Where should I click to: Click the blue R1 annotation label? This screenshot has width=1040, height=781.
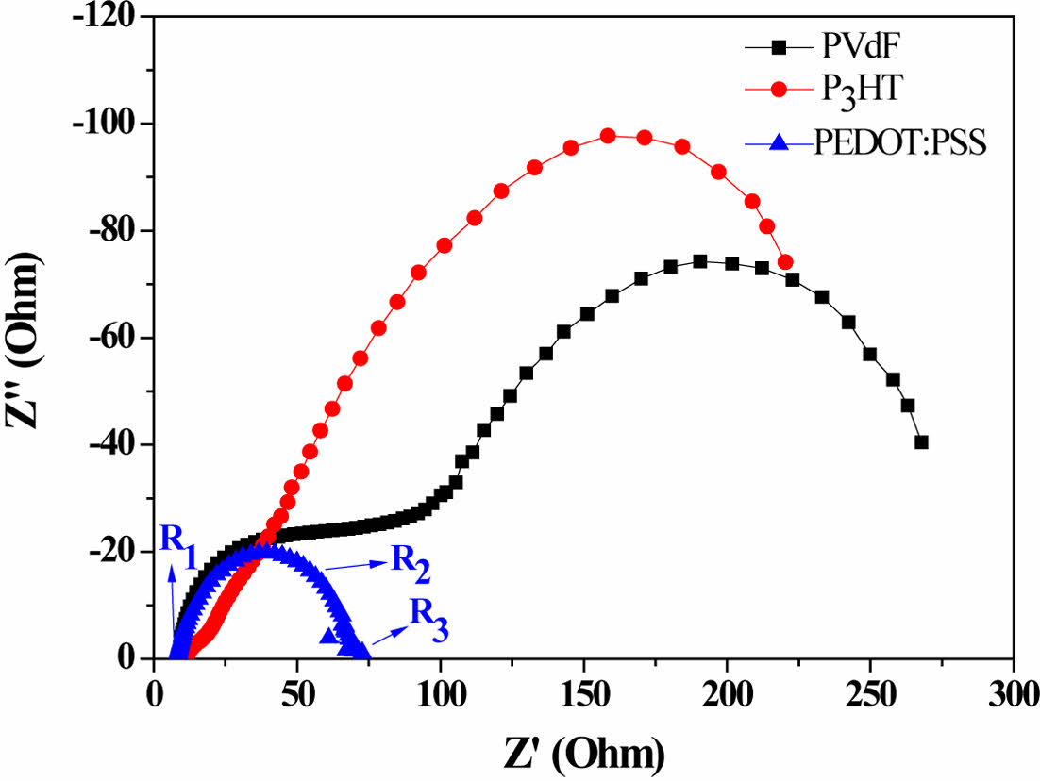coord(178,545)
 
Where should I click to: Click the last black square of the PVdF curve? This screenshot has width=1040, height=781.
coord(921,441)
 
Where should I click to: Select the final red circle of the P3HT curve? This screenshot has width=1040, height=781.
coord(784,261)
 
